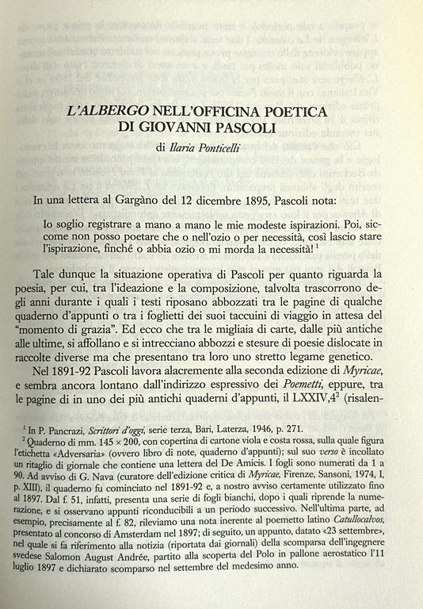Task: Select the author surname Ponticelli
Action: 236,147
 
